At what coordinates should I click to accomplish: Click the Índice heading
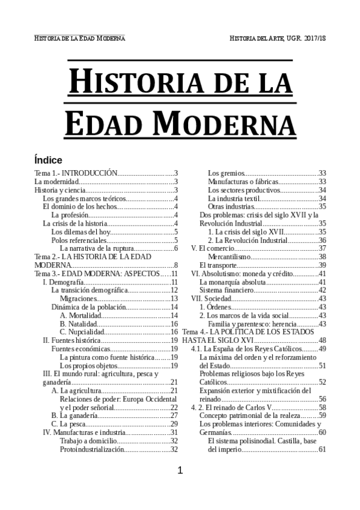pos(48,160)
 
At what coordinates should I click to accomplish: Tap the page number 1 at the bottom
pos(180,471)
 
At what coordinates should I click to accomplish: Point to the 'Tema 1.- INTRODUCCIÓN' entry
pos(75,173)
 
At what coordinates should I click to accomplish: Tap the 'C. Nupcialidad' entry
pos(82,332)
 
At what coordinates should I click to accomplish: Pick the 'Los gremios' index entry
pos(226,173)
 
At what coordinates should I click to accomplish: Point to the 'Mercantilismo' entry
pos(230,256)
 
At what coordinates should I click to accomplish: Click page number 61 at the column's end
pos(322,449)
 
